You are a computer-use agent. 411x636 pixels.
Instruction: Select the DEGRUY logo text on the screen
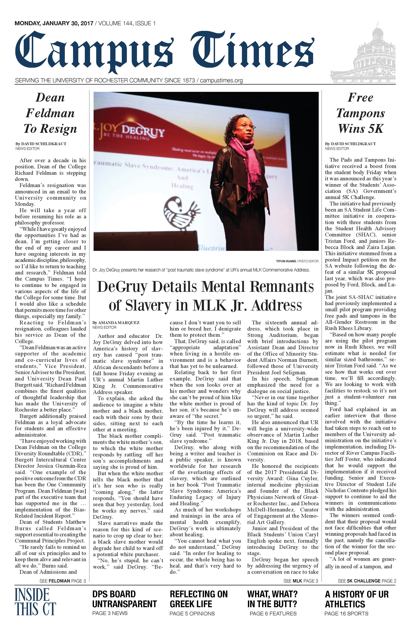point(143,132)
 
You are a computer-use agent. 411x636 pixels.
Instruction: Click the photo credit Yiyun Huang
point(286,261)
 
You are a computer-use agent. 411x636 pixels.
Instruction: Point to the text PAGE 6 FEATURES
point(273,614)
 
